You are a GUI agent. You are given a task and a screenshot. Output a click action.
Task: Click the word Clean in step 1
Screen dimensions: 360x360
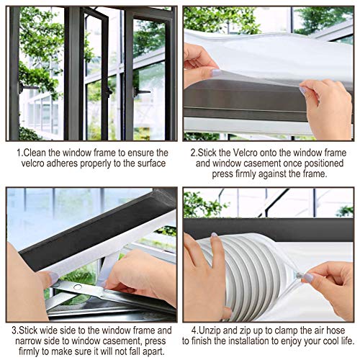tap(35, 153)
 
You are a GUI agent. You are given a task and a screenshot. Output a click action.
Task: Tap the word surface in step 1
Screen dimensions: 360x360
tap(152, 163)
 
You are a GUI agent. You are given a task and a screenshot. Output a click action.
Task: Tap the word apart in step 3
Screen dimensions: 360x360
tap(154, 352)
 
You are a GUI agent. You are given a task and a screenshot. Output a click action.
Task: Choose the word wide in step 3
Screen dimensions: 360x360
tap(49, 330)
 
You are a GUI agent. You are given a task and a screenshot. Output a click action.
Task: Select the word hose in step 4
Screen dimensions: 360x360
tap(336, 330)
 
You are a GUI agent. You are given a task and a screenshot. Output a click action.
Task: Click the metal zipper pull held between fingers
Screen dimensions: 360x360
tap(299, 276)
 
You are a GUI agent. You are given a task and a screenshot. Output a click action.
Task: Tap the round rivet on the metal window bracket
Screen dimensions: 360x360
tap(78, 287)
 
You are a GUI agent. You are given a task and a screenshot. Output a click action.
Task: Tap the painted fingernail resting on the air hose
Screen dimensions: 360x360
tap(214, 235)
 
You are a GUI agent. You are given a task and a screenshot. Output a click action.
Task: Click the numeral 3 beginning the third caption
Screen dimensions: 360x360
tap(14, 330)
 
